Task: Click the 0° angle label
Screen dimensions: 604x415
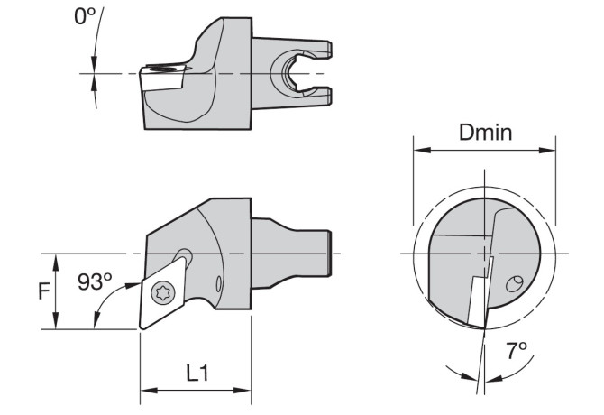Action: (x=85, y=16)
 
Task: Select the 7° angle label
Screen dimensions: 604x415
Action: (x=517, y=350)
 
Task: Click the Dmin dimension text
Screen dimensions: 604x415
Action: (x=485, y=132)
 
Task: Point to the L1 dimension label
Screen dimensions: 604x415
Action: (x=197, y=373)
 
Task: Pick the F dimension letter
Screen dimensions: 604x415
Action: (x=44, y=290)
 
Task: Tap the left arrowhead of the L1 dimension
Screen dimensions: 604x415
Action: (x=149, y=391)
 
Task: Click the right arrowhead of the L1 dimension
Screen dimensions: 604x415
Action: (x=243, y=391)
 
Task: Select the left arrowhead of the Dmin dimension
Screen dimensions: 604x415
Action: (x=422, y=150)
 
